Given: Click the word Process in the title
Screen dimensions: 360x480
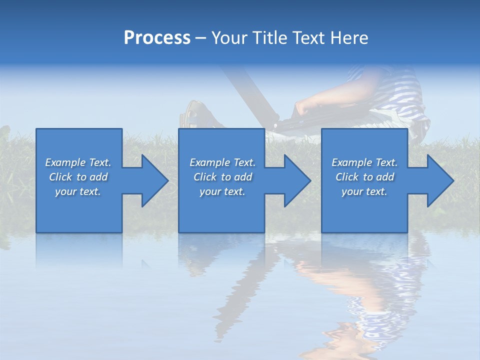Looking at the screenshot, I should [x=157, y=38].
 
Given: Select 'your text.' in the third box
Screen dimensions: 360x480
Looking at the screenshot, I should [x=364, y=191].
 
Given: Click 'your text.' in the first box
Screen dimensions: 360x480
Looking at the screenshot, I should [x=77, y=191].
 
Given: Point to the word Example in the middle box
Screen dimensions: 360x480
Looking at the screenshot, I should [x=209, y=162].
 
